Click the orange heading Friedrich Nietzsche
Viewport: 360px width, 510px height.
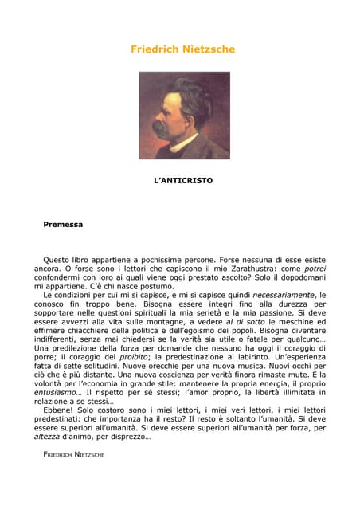[x=183, y=49]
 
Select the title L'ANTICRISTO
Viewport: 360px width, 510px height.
[x=183, y=181]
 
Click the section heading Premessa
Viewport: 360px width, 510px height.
[x=63, y=225]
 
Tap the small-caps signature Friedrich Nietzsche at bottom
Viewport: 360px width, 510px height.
[x=73, y=454]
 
